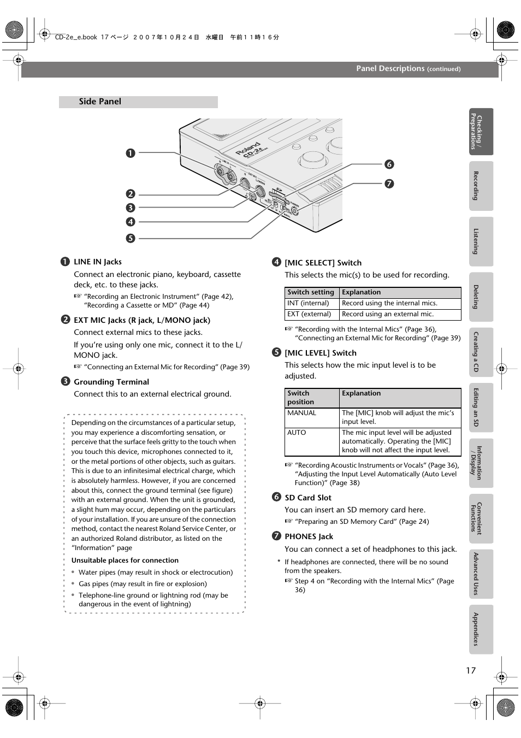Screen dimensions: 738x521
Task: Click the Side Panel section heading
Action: (x=100, y=102)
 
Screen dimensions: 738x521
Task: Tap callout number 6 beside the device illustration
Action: (x=389, y=164)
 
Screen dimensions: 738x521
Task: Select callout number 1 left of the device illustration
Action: (x=131, y=153)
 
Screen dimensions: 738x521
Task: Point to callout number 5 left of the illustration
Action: (x=131, y=238)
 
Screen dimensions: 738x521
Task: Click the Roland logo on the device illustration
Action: (x=248, y=149)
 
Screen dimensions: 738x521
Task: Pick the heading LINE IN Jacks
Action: (x=98, y=262)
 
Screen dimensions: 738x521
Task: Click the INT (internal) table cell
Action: (x=309, y=303)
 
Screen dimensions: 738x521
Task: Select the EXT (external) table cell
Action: (x=309, y=314)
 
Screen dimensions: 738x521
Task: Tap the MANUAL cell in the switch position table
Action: (x=302, y=413)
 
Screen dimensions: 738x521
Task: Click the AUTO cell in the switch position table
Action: (x=297, y=433)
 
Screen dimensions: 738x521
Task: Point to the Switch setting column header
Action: (x=311, y=292)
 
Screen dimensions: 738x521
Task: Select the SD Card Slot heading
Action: (x=308, y=498)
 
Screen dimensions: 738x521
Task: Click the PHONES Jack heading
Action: (x=309, y=536)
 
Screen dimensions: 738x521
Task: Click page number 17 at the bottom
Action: (x=471, y=670)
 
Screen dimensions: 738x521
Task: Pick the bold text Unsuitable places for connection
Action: (x=125, y=560)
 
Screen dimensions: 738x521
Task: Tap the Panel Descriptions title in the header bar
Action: (x=390, y=69)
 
